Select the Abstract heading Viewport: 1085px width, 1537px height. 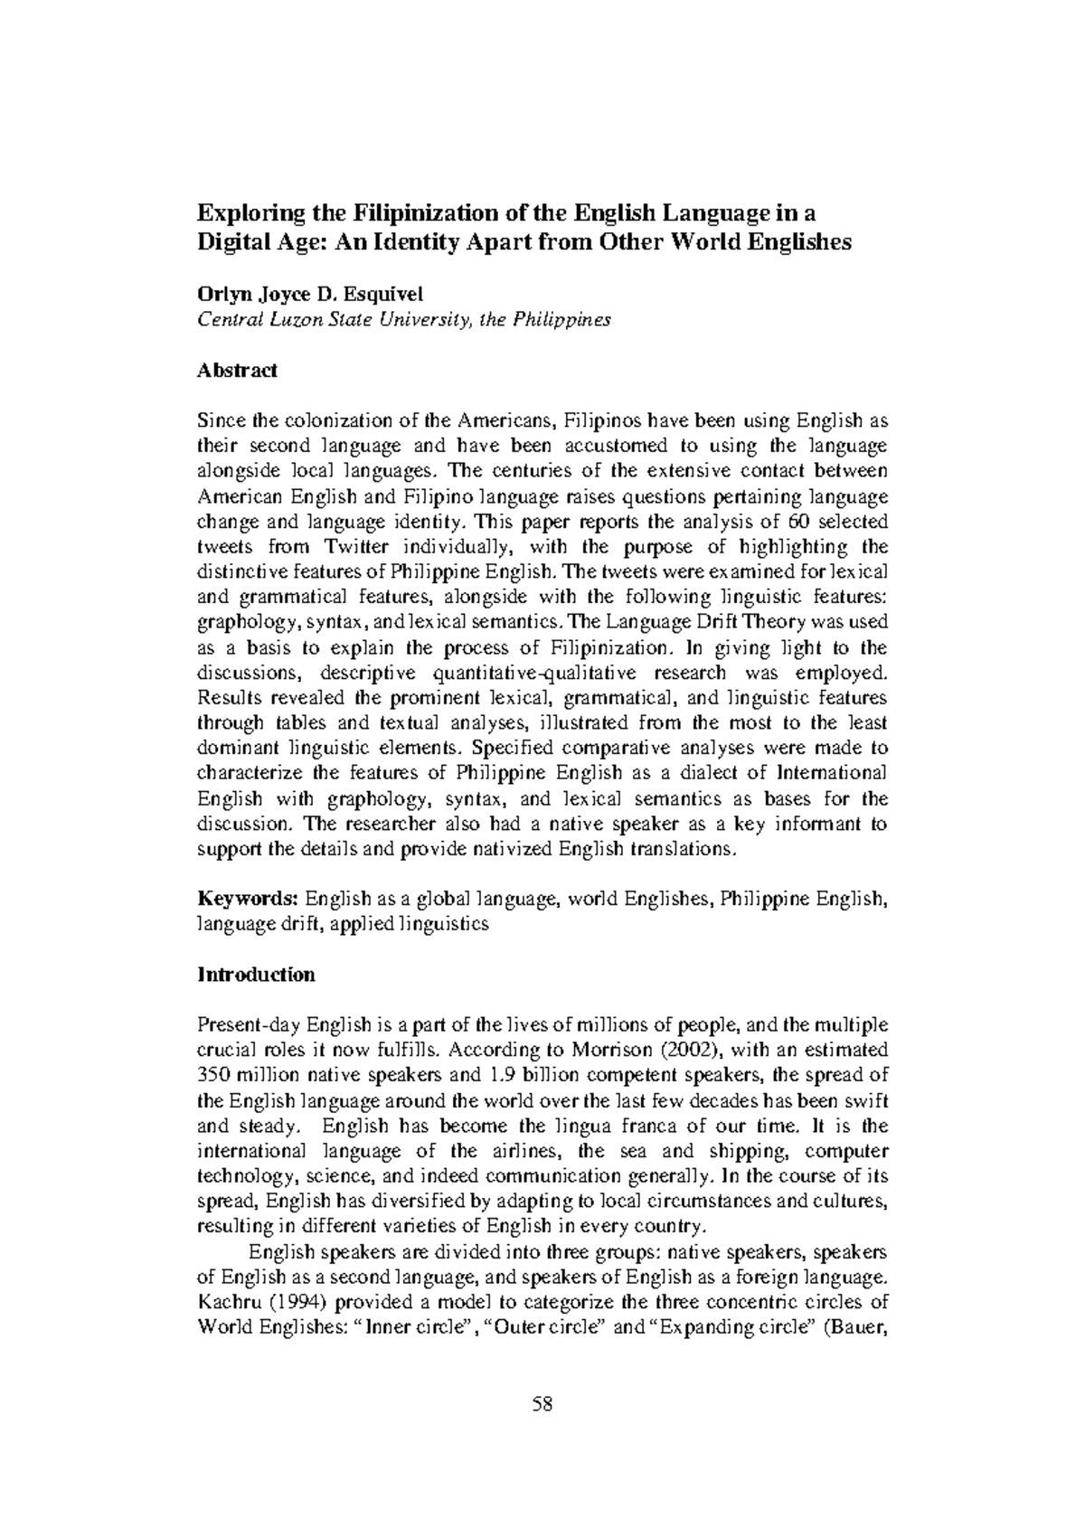click(x=237, y=371)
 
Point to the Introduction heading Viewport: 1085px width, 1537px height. click(x=256, y=975)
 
